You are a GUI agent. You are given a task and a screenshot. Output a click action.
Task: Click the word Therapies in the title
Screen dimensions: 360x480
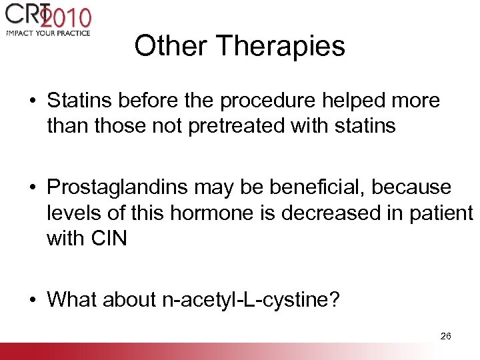281,47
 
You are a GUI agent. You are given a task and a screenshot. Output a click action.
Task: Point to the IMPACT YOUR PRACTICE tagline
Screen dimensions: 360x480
47,32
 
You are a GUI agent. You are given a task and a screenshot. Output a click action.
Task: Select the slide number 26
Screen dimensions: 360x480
446,336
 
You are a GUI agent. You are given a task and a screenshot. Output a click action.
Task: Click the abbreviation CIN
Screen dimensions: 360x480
107,238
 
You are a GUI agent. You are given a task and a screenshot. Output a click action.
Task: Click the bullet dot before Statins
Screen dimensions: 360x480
33,101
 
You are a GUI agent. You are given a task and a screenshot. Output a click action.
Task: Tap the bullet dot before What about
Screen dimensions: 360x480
33,300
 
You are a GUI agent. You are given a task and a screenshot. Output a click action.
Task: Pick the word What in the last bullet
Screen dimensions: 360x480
70,299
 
